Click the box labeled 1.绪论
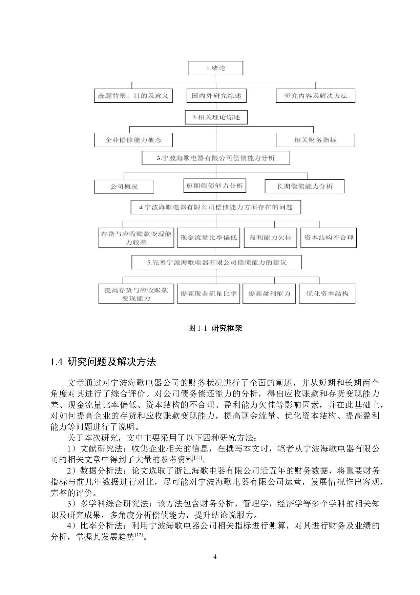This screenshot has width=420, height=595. (216, 68)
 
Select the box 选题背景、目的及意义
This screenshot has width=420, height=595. (133, 96)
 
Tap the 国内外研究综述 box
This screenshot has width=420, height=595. (216, 96)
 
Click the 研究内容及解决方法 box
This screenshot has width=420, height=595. (316, 96)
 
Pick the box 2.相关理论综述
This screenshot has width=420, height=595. (216, 117)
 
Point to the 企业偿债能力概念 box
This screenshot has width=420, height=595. (133, 140)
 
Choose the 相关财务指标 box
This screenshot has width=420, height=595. (315, 140)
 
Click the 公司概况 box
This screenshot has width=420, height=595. (124, 187)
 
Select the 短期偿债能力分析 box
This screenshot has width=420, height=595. (214, 186)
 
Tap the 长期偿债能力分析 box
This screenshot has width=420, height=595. (304, 186)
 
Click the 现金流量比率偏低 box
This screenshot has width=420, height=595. (208, 237)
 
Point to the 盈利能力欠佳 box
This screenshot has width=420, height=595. (270, 237)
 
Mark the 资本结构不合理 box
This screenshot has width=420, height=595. (329, 237)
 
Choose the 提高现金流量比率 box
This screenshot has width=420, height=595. (208, 294)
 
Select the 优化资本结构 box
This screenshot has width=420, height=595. (327, 294)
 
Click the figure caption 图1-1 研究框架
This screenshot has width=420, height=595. (215, 328)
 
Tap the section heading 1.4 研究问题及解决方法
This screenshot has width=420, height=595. (103, 362)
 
